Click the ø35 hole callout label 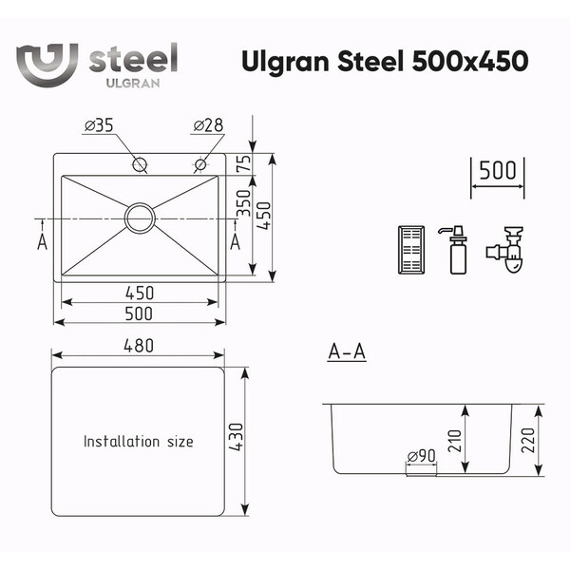pyautogui.click(x=99, y=125)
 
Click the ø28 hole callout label pyautogui.click(x=208, y=125)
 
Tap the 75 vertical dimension pyautogui.click(x=245, y=163)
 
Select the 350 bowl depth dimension pyautogui.click(x=244, y=203)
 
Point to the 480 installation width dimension pyautogui.click(x=139, y=346)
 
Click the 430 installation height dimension pyautogui.click(x=237, y=437)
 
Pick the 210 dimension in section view pyautogui.click(x=454, y=441)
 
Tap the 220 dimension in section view pyautogui.click(x=528, y=440)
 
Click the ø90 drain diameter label pyautogui.click(x=421, y=455)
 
